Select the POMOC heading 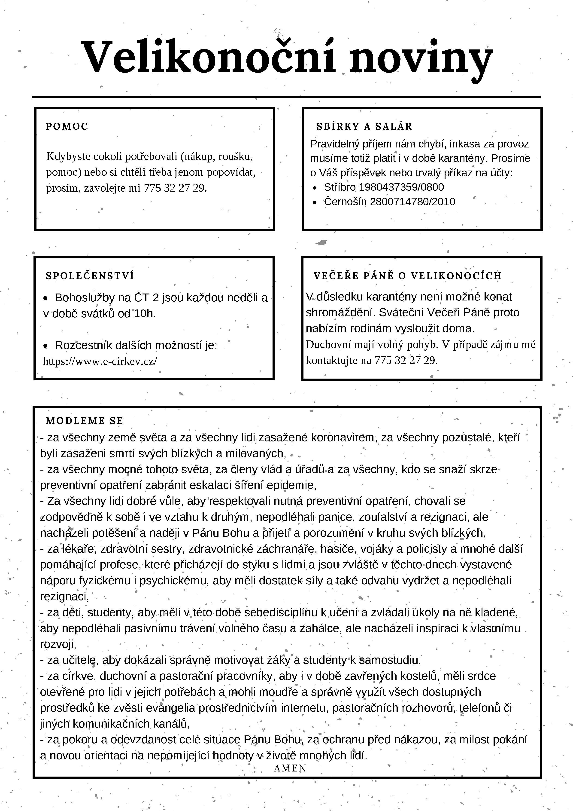pyautogui.click(x=67, y=126)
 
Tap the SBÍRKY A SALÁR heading pyautogui.click(x=364, y=126)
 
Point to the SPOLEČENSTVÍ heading pyautogui.click(x=90, y=276)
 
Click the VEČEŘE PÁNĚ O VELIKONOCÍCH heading pyautogui.click(x=407, y=276)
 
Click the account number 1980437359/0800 pyautogui.click(x=401, y=187)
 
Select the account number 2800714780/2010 pyautogui.click(x=412, y=202)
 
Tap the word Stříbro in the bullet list pyautogui.click(x=340, y=187)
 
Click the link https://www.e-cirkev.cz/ pyautogui.click(x=100, y=361)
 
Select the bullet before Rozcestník pyautogui.click(x=45, y=346)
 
